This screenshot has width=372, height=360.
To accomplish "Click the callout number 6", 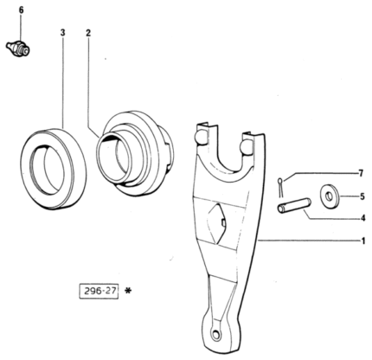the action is pos(21,10).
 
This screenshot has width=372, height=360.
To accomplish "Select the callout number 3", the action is pos(62,33).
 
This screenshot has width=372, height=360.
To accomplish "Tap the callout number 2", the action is pos(88,33).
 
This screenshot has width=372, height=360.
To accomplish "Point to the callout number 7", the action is pos(361,173).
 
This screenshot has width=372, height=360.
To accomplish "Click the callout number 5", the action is pos(362,196).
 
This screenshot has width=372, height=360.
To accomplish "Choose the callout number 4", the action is pos(362,218).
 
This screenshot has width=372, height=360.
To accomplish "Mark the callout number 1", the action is pos(363,241).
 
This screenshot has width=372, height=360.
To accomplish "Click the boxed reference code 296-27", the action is pos(99,291).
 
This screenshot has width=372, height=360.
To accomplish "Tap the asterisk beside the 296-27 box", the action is pos(127,291).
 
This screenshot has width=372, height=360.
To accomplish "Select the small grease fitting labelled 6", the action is pos(18,48).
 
